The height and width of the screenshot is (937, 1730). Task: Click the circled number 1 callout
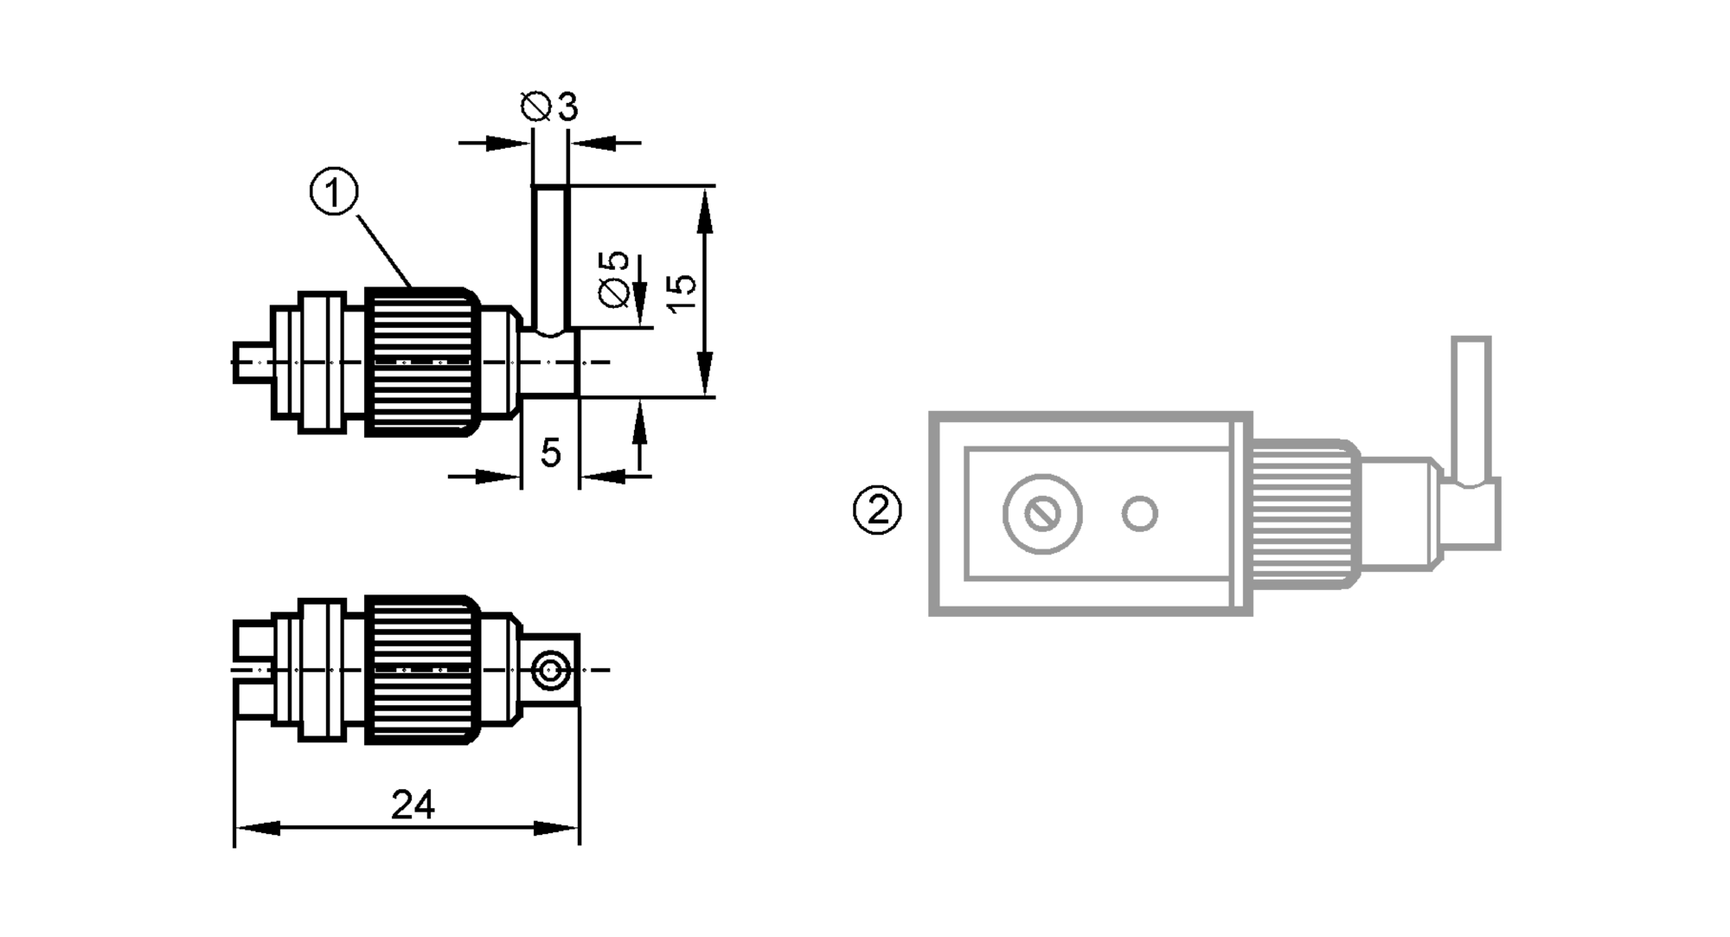334,192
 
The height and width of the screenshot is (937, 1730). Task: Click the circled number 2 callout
877,510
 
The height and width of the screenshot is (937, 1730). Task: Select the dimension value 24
413,805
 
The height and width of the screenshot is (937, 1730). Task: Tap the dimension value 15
682,285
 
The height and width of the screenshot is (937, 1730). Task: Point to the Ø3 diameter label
550,107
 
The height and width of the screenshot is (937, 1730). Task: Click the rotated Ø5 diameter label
613,278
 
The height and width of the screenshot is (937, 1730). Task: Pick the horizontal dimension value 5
550,452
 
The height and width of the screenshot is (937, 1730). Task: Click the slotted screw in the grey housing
1042,515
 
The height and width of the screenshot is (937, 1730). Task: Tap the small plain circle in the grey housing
1139,514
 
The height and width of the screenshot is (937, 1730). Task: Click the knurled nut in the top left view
421,362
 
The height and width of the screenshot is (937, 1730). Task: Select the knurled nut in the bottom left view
421,670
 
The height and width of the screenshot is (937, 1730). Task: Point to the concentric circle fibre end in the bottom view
550,670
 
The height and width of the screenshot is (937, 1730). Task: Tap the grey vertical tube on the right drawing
1470,407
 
